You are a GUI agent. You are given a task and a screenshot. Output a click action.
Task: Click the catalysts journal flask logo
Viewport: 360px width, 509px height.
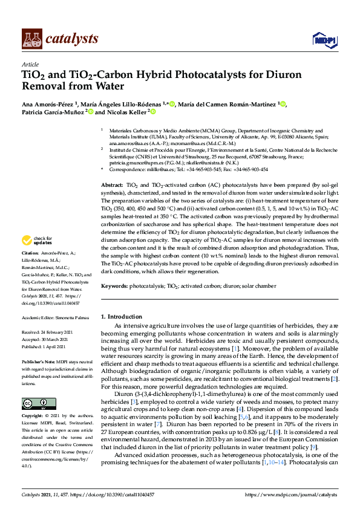tap(31, 39)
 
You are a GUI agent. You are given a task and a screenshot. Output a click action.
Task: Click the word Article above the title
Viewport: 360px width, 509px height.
tap(30, 63)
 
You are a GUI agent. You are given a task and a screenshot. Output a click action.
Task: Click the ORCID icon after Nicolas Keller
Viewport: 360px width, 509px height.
tap(153, 112)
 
